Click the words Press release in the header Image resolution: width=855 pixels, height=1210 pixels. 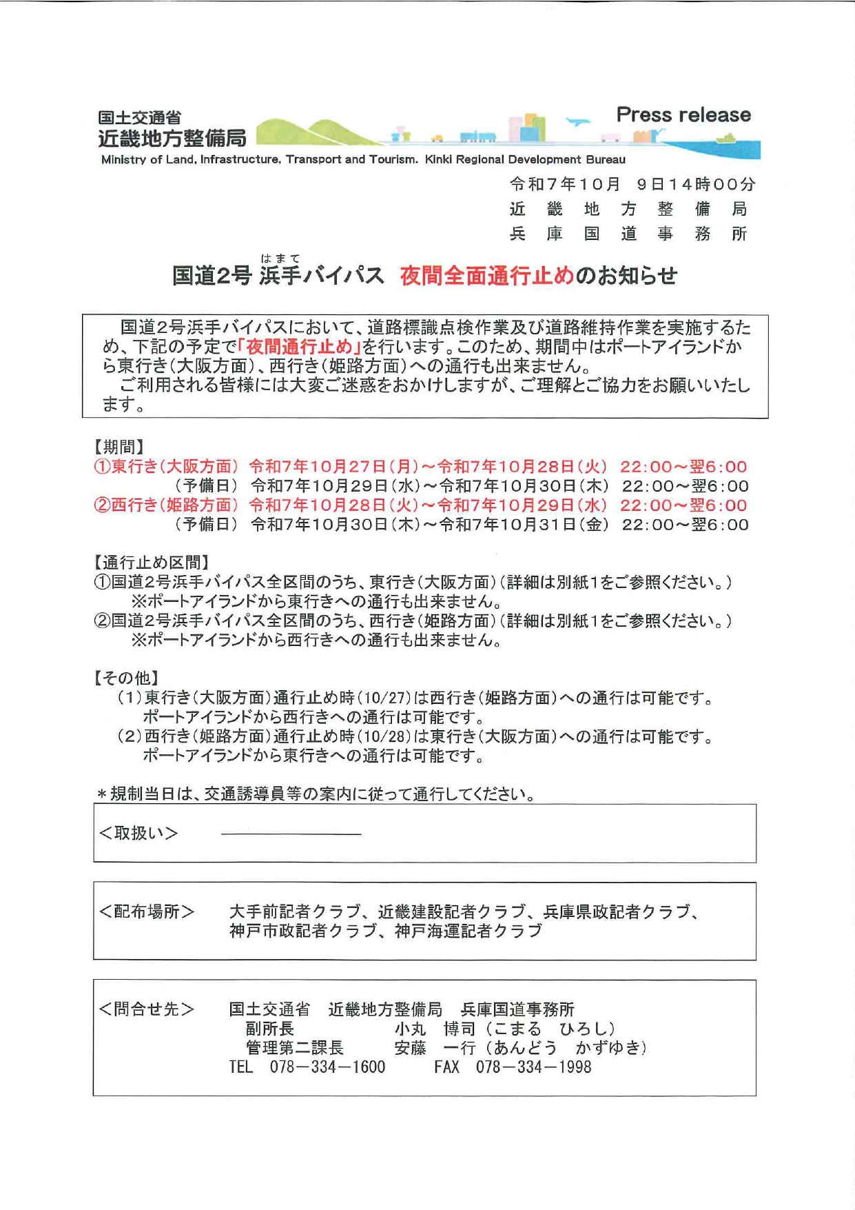tap(683, 114)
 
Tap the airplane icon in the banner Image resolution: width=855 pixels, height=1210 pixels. tap(578, 123)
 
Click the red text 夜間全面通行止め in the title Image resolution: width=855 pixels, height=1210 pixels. tap(486, 276)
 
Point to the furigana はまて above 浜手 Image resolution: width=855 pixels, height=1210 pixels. tap(280, 259)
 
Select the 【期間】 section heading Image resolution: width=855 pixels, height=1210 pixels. tap(119, 447)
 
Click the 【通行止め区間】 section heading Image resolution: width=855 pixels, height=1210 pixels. tap(152, 563)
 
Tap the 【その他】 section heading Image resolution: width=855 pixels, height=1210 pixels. tap(127, 678)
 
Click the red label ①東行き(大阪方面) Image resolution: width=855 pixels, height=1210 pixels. tap(166, 467)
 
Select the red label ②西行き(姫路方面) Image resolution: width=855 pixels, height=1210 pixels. tap(166, 505)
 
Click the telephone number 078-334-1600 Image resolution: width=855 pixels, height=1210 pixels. tap(327, 1067)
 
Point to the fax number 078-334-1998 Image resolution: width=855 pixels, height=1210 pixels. tap(533, 1067)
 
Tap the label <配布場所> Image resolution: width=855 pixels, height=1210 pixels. tap(147, 911)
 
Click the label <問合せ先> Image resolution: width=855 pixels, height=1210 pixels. tap(147, 1009)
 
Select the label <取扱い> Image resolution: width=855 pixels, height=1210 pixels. tap(138, 833)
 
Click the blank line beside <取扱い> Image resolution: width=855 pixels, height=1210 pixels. tap(291, 834)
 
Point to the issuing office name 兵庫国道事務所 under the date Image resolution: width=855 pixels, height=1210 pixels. tap(628, 234)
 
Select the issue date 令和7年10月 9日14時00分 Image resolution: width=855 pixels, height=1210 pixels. tap(632, 184)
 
